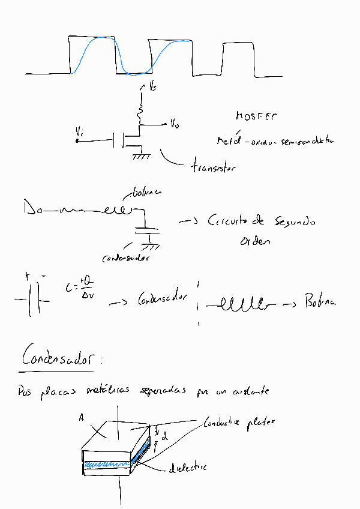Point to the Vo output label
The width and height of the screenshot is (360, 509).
point(174,124)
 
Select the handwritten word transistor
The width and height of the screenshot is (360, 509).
point(213,167)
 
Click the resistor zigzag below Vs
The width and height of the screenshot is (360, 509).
point(141,111)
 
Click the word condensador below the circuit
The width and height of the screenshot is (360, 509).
point(125,258)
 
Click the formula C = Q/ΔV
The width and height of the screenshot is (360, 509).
point(82,289)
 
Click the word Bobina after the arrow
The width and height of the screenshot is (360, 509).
point(320,302)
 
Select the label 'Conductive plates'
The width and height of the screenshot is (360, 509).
point(239,422)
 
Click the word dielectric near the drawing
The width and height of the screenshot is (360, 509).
point(188,467)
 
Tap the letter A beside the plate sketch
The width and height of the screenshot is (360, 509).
point(80,417)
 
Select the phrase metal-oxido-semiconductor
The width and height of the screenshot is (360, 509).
point(275,141)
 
